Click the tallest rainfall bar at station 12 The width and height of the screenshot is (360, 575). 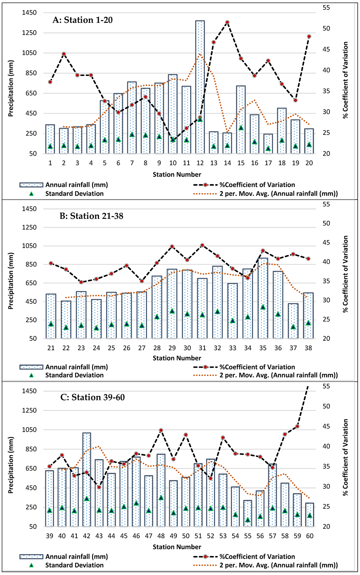200,87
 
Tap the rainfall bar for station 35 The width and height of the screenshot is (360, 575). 263,298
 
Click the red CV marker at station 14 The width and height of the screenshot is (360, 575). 227,23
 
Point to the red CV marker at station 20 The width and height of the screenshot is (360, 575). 309,37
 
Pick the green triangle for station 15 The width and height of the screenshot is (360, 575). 241,128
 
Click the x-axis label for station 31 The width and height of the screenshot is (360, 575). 202,348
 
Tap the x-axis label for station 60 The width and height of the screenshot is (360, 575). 310,536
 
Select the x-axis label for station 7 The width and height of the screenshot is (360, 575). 132,163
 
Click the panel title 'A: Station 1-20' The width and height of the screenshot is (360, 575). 83,20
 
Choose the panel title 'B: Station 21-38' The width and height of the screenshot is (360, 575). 91,216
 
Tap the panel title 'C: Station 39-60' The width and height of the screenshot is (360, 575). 92,397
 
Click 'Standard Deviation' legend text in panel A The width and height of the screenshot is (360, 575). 74,194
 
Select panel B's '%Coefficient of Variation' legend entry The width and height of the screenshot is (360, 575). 257,367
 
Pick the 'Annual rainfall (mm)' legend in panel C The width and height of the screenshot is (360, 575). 76,557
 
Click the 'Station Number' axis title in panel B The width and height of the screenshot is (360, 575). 177,358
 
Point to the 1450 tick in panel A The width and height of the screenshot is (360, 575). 29,13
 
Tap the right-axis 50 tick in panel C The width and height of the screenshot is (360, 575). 326,406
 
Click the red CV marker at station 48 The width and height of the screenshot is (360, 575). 161,431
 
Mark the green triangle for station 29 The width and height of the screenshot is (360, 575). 172,311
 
